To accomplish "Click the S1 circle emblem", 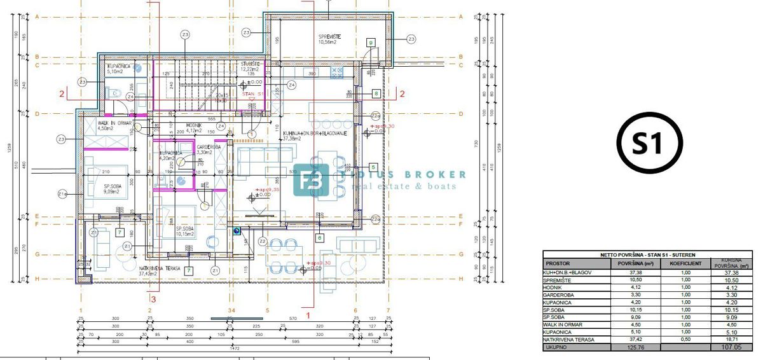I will click(649, 144).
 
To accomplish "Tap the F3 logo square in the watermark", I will click(311, 181).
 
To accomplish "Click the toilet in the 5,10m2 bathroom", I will click(116, 93).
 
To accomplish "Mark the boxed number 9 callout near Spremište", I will click(371, 43).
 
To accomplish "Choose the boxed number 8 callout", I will click(375, 93).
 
